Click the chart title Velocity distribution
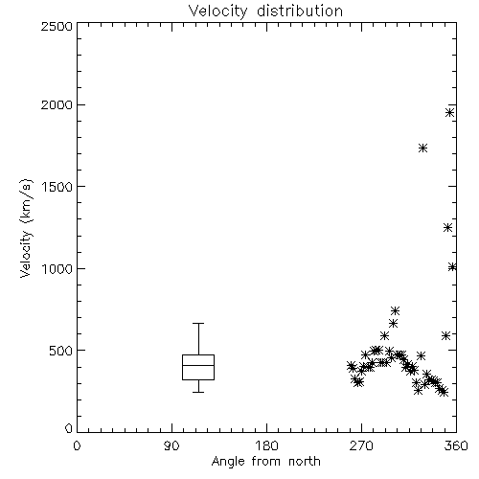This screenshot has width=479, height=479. pyautogui.click(x=265, y=11)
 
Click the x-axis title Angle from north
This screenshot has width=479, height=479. pyautogui.click(x=265, y=462)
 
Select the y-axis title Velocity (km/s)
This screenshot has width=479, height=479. pyautogui.click(x=26, y=228)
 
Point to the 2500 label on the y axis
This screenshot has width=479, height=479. pyautogui.click(x=57, y=26)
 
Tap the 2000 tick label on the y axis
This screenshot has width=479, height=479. pyautogui.click(x=57, y=104)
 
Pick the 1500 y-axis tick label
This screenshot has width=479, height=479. pyautogui.click(x=57, y=187)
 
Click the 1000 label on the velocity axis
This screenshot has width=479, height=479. pyautogui.click(x=57, y=268)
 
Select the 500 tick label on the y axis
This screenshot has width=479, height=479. pyautogui.click(x=61, y=351)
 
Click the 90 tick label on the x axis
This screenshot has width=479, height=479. pyautogui.click(x=171, y=445)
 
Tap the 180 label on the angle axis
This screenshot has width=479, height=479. pyautogui.click(x=266, y=445)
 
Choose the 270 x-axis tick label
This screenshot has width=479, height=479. pyautogui.click(x=361, y=445)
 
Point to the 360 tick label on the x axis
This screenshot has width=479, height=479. pyautogui.click(x=456, y=445)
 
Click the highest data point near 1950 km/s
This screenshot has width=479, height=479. pyautogui.click(x=450, y=112)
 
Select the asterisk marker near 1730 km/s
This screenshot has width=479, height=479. pyautogui.click(x=423, y=148)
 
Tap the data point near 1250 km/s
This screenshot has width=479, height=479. pyautogui.click(x=447, y=228)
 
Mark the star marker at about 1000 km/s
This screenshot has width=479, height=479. pyautogui.click(x=452, y=267)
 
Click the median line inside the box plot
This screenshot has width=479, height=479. pyautogui.click(x=198, y=365)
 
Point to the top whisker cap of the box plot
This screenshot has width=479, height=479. pyautogui.click(x=198, y=323)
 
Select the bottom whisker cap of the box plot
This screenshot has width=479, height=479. pyautogui.click(x=198, y=392)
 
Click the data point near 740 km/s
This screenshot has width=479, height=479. pyautogui.click(x=396, y=310)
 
